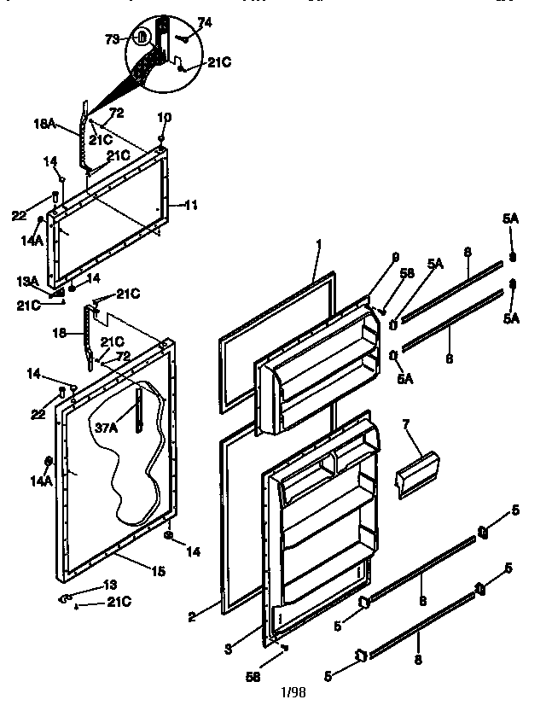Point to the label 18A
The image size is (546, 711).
point(44,125)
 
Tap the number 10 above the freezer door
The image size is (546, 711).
point(164,116)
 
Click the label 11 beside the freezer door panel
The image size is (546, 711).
point(191,205)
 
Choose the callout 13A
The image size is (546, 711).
point(26,281)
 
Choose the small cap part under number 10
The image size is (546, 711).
point(162,136)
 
